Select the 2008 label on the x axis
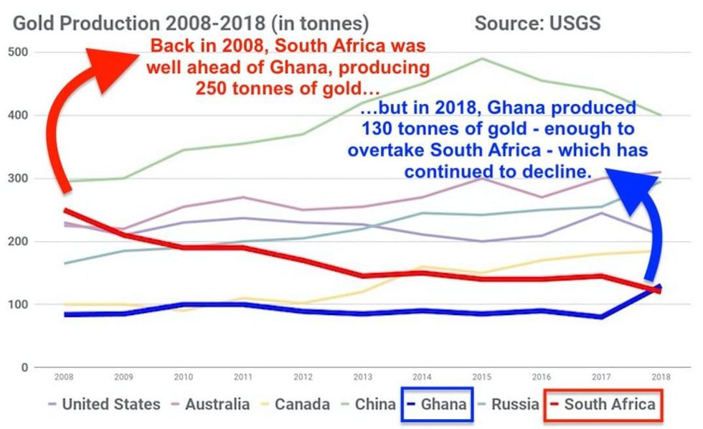[x=65, y=377]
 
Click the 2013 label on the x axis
[x=362, y=377]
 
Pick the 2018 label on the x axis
[x=661, y=377]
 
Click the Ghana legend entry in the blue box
[x=443, y=405]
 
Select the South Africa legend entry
[x=609, y=405]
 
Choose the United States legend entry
[x=110, y=405]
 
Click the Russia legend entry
[x=514, y=405]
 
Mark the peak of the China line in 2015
[x=481, y=59]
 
